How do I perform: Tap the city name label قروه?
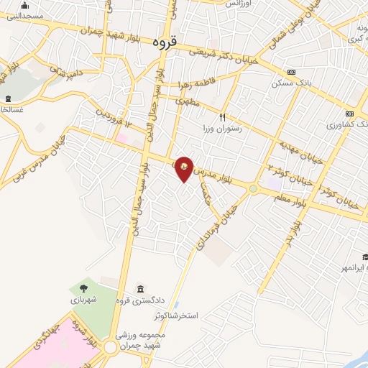pos(165,42)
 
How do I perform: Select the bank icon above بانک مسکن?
pos(291,73)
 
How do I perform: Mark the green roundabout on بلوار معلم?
pos(254,188)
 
